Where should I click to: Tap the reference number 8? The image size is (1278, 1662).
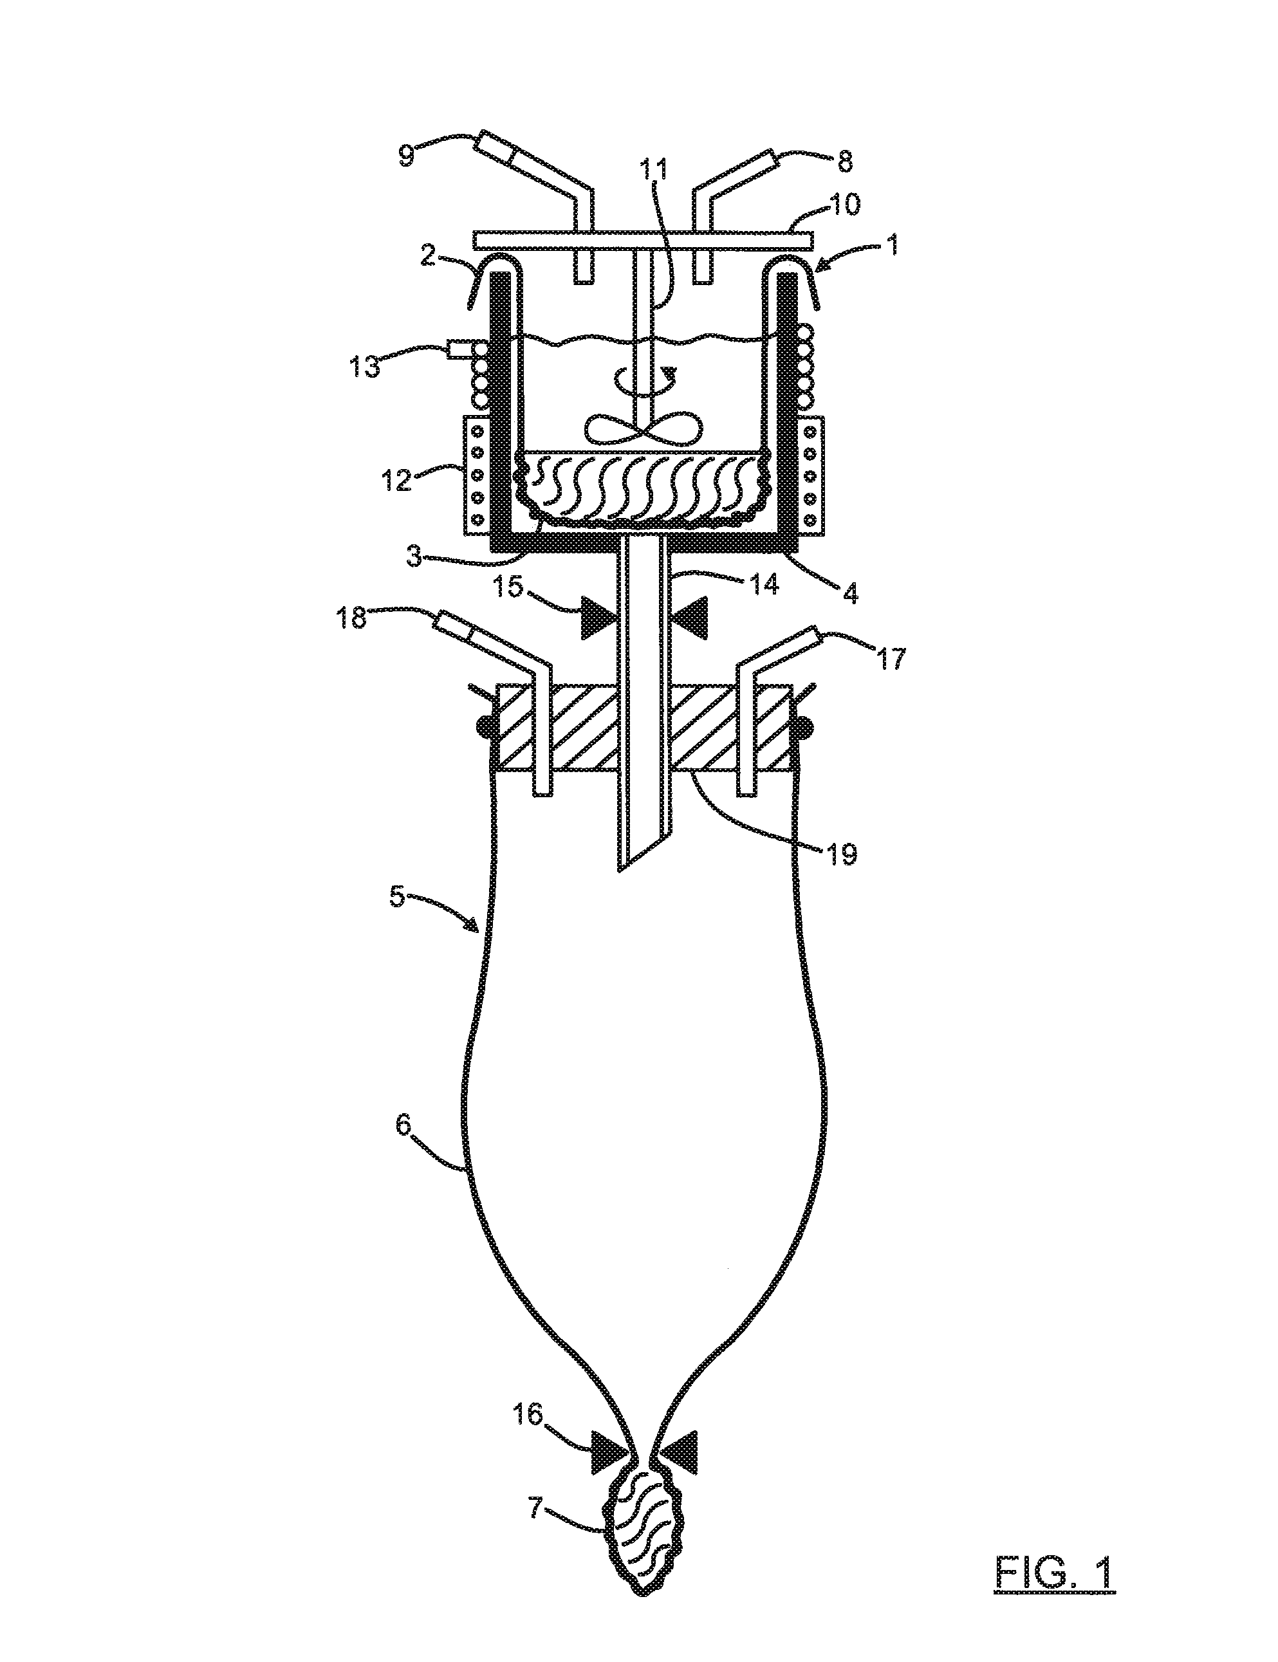pyautogui.click(x=844, y=162)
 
